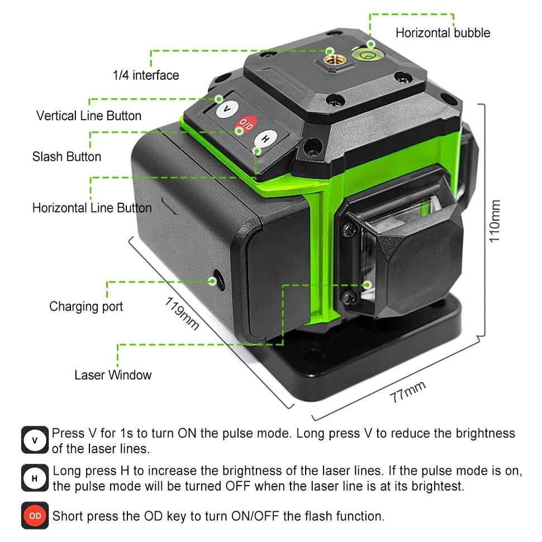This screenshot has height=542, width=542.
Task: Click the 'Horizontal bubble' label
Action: click(443, 33)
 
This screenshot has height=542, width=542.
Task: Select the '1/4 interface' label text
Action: click(146, 75)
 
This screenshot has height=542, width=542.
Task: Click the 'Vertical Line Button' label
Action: click(89, 116)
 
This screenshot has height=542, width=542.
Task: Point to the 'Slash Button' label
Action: click(66, 156)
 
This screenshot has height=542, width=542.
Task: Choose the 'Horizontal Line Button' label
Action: click(92, 208)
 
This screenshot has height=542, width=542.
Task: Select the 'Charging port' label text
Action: click(86, 306)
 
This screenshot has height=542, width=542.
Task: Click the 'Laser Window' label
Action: click(113, 375)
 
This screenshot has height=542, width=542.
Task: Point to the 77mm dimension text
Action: click(408, 392)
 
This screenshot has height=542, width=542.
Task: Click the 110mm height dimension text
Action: click(495, 221)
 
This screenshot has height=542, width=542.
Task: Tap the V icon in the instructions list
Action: click(35, 440)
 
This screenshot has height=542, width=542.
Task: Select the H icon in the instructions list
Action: click(35, 478)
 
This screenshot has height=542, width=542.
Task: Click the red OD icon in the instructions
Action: click(35, 516)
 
